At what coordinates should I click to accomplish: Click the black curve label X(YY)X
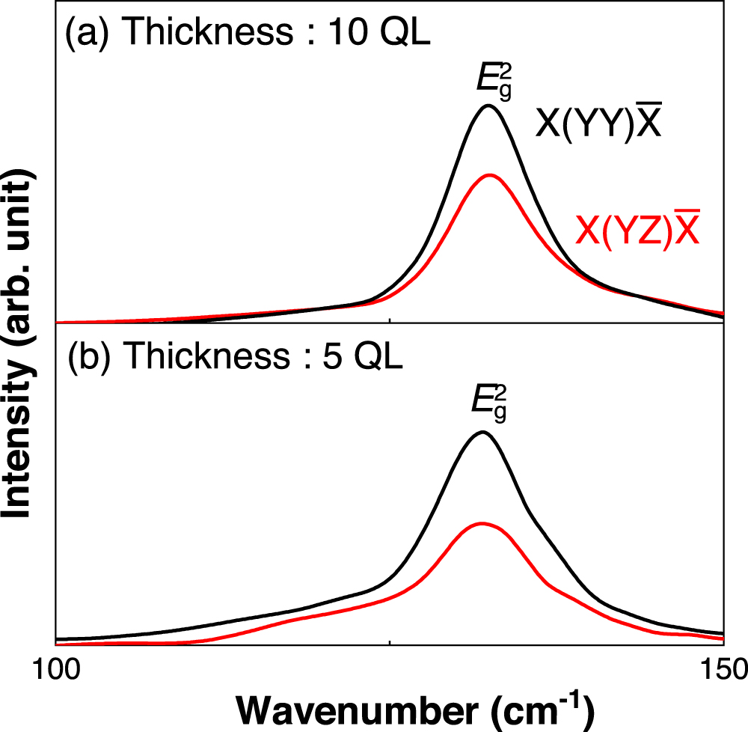click(597, 123)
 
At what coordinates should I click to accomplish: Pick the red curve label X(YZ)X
click(638, 230)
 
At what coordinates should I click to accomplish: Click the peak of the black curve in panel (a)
click(488, 106)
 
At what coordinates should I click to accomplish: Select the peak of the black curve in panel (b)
click(482, 432)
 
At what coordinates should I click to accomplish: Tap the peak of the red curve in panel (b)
click(482, 523)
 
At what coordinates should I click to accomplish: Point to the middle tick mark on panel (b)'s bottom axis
click(390, 640)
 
